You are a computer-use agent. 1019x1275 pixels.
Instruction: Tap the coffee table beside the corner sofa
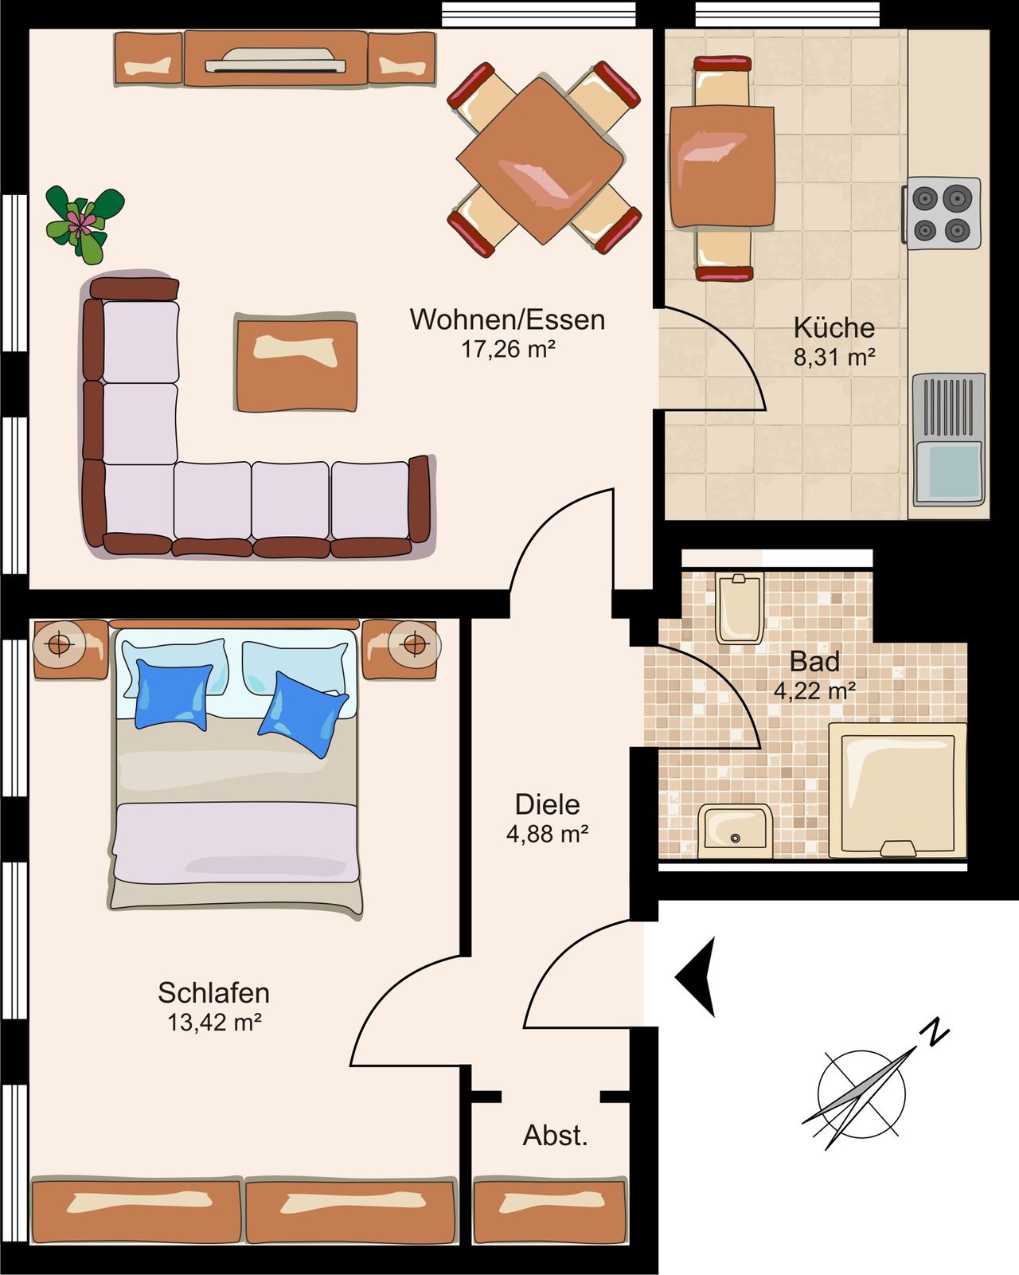click(x=295, y=363)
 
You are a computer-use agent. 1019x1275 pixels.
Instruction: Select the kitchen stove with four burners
click(x=942, y=213)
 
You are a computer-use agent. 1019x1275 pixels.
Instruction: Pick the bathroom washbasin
click(x=736, y=831)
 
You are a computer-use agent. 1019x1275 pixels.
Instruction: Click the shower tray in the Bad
click(x=898, y=790)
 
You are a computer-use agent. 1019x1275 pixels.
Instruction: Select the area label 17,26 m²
click(x=507, y=349)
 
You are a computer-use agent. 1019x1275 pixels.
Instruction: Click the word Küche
click(x=834, y=327)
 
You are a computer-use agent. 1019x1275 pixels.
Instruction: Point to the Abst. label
click(x=555, y=1136)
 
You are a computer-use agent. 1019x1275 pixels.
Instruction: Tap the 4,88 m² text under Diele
click(x=547, y=834)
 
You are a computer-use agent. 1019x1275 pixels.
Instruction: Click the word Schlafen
click(x=213, y=993)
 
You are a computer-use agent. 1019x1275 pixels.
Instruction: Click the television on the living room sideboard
click(x=275, y=61)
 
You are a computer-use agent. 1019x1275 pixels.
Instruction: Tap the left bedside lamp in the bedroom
click(x=60, y=643)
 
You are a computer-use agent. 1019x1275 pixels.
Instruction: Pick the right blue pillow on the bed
click(x=303, y=714)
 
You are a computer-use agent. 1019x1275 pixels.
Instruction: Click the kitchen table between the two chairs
click(x=722, y=166)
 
